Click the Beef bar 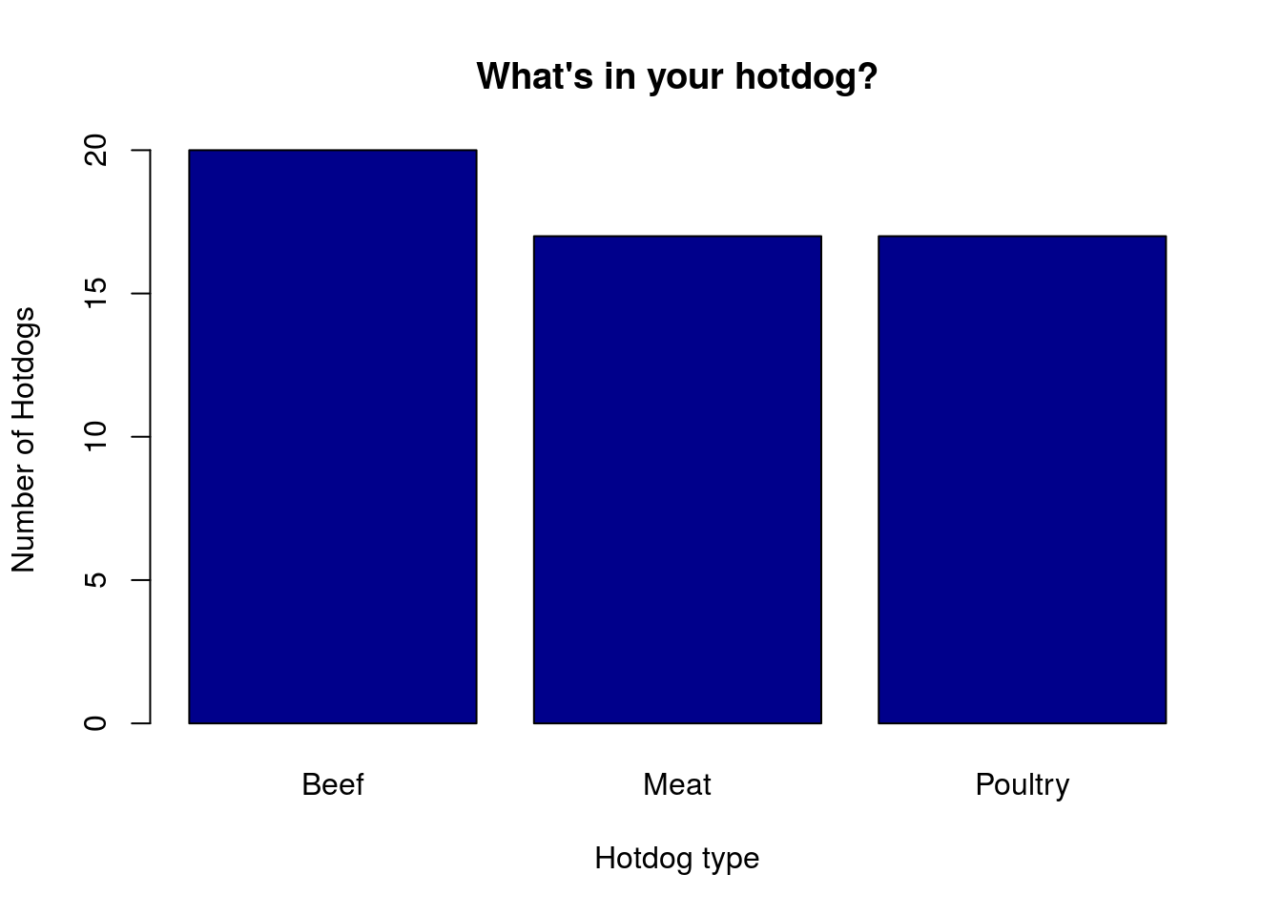(333, 437)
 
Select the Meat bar (677, 480)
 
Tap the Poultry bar (1023, 480)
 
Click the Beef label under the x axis (333, 784)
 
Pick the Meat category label (677, 784)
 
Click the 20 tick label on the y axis (95, 151)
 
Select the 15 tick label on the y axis (95, 293)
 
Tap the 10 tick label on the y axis (95, 436)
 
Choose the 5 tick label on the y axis (95, 579)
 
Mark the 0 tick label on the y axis (95, 723)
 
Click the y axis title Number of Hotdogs (24, 440)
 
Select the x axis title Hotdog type (677, 859)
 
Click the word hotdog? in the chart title (806, 76)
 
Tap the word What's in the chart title (534, 75)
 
